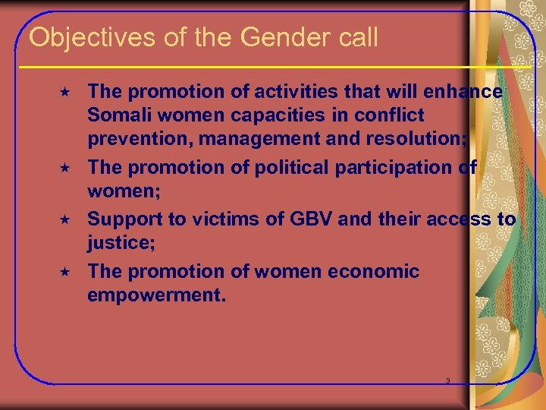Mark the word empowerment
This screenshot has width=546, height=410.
156,295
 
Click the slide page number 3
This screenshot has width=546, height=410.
447,380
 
